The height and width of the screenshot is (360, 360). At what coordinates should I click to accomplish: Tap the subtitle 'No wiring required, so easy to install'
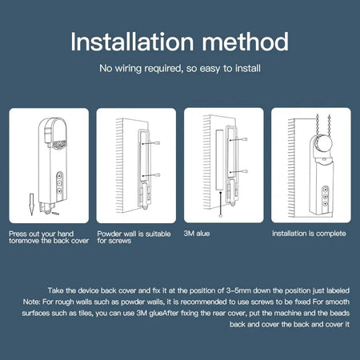[180, 70]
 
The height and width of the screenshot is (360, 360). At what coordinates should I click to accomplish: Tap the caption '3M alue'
[198, 234]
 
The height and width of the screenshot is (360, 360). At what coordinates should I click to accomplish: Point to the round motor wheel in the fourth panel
[321, 144]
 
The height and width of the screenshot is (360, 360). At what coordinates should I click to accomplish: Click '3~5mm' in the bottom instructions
[214, 287]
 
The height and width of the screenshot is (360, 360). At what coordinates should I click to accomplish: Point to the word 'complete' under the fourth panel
[330, 234]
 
